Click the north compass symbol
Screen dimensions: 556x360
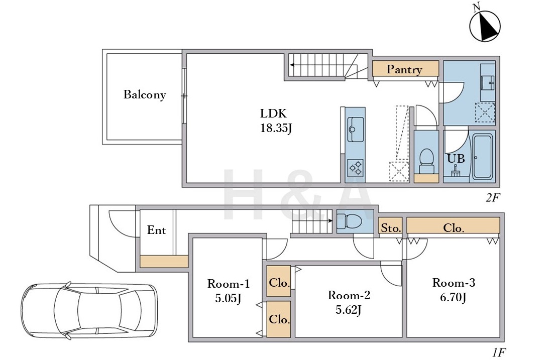484,25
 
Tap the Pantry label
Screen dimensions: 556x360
404,69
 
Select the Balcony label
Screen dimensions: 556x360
145,94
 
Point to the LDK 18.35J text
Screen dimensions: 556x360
276,121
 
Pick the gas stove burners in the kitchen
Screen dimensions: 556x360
355,168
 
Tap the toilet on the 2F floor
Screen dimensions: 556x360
426,161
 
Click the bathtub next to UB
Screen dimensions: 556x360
482,156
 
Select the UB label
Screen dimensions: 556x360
456,158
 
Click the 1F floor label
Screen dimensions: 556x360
499,352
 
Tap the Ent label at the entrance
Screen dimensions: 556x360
156,230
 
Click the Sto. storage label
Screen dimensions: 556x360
391,228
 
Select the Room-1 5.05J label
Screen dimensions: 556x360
229,291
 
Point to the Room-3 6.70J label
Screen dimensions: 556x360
454,290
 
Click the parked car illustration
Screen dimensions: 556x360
89,310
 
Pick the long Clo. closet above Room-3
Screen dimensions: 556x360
453,225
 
